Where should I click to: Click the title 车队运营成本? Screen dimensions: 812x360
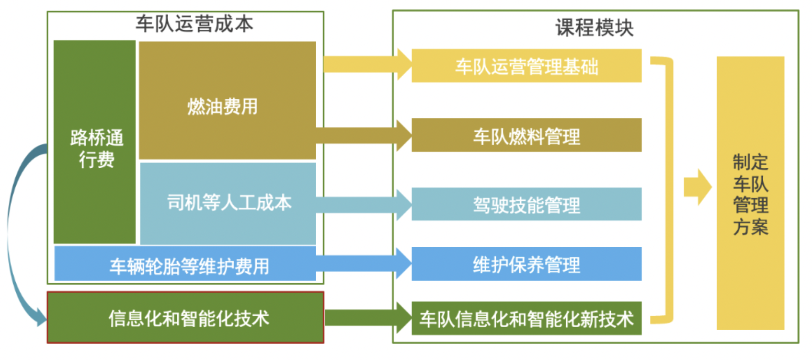tap(194, 24)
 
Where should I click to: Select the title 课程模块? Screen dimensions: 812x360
tap(595, 28)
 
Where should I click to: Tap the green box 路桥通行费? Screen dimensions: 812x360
tap(94, 142)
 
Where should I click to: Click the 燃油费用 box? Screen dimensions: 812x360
tap(227, 100)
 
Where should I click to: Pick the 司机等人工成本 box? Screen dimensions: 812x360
tap(228, 203)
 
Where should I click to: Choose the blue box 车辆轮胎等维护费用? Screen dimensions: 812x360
tap(185, 263)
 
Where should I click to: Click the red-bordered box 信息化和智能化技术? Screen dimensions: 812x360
tap(185, 318)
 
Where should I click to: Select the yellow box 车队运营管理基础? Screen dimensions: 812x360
tap(526, 66)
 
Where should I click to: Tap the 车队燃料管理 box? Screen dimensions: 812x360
tap(526, 135)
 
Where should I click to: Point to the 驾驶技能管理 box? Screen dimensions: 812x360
tap(526, 204)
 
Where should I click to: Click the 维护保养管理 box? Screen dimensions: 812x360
tap(526, 264)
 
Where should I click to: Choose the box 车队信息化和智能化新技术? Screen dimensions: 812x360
tap(526, 318)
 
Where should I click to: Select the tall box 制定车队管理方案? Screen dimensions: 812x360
tap(750, 193)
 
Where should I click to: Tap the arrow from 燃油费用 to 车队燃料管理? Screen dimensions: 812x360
tap(364, 135)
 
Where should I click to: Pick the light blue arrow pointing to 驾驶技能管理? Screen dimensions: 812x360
tap(364, 204)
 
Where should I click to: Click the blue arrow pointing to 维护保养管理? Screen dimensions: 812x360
tap(364, 263)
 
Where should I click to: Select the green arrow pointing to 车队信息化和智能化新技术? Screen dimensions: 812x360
tap(368, 318)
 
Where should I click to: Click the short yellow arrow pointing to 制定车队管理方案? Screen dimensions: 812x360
tap(697, 187)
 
